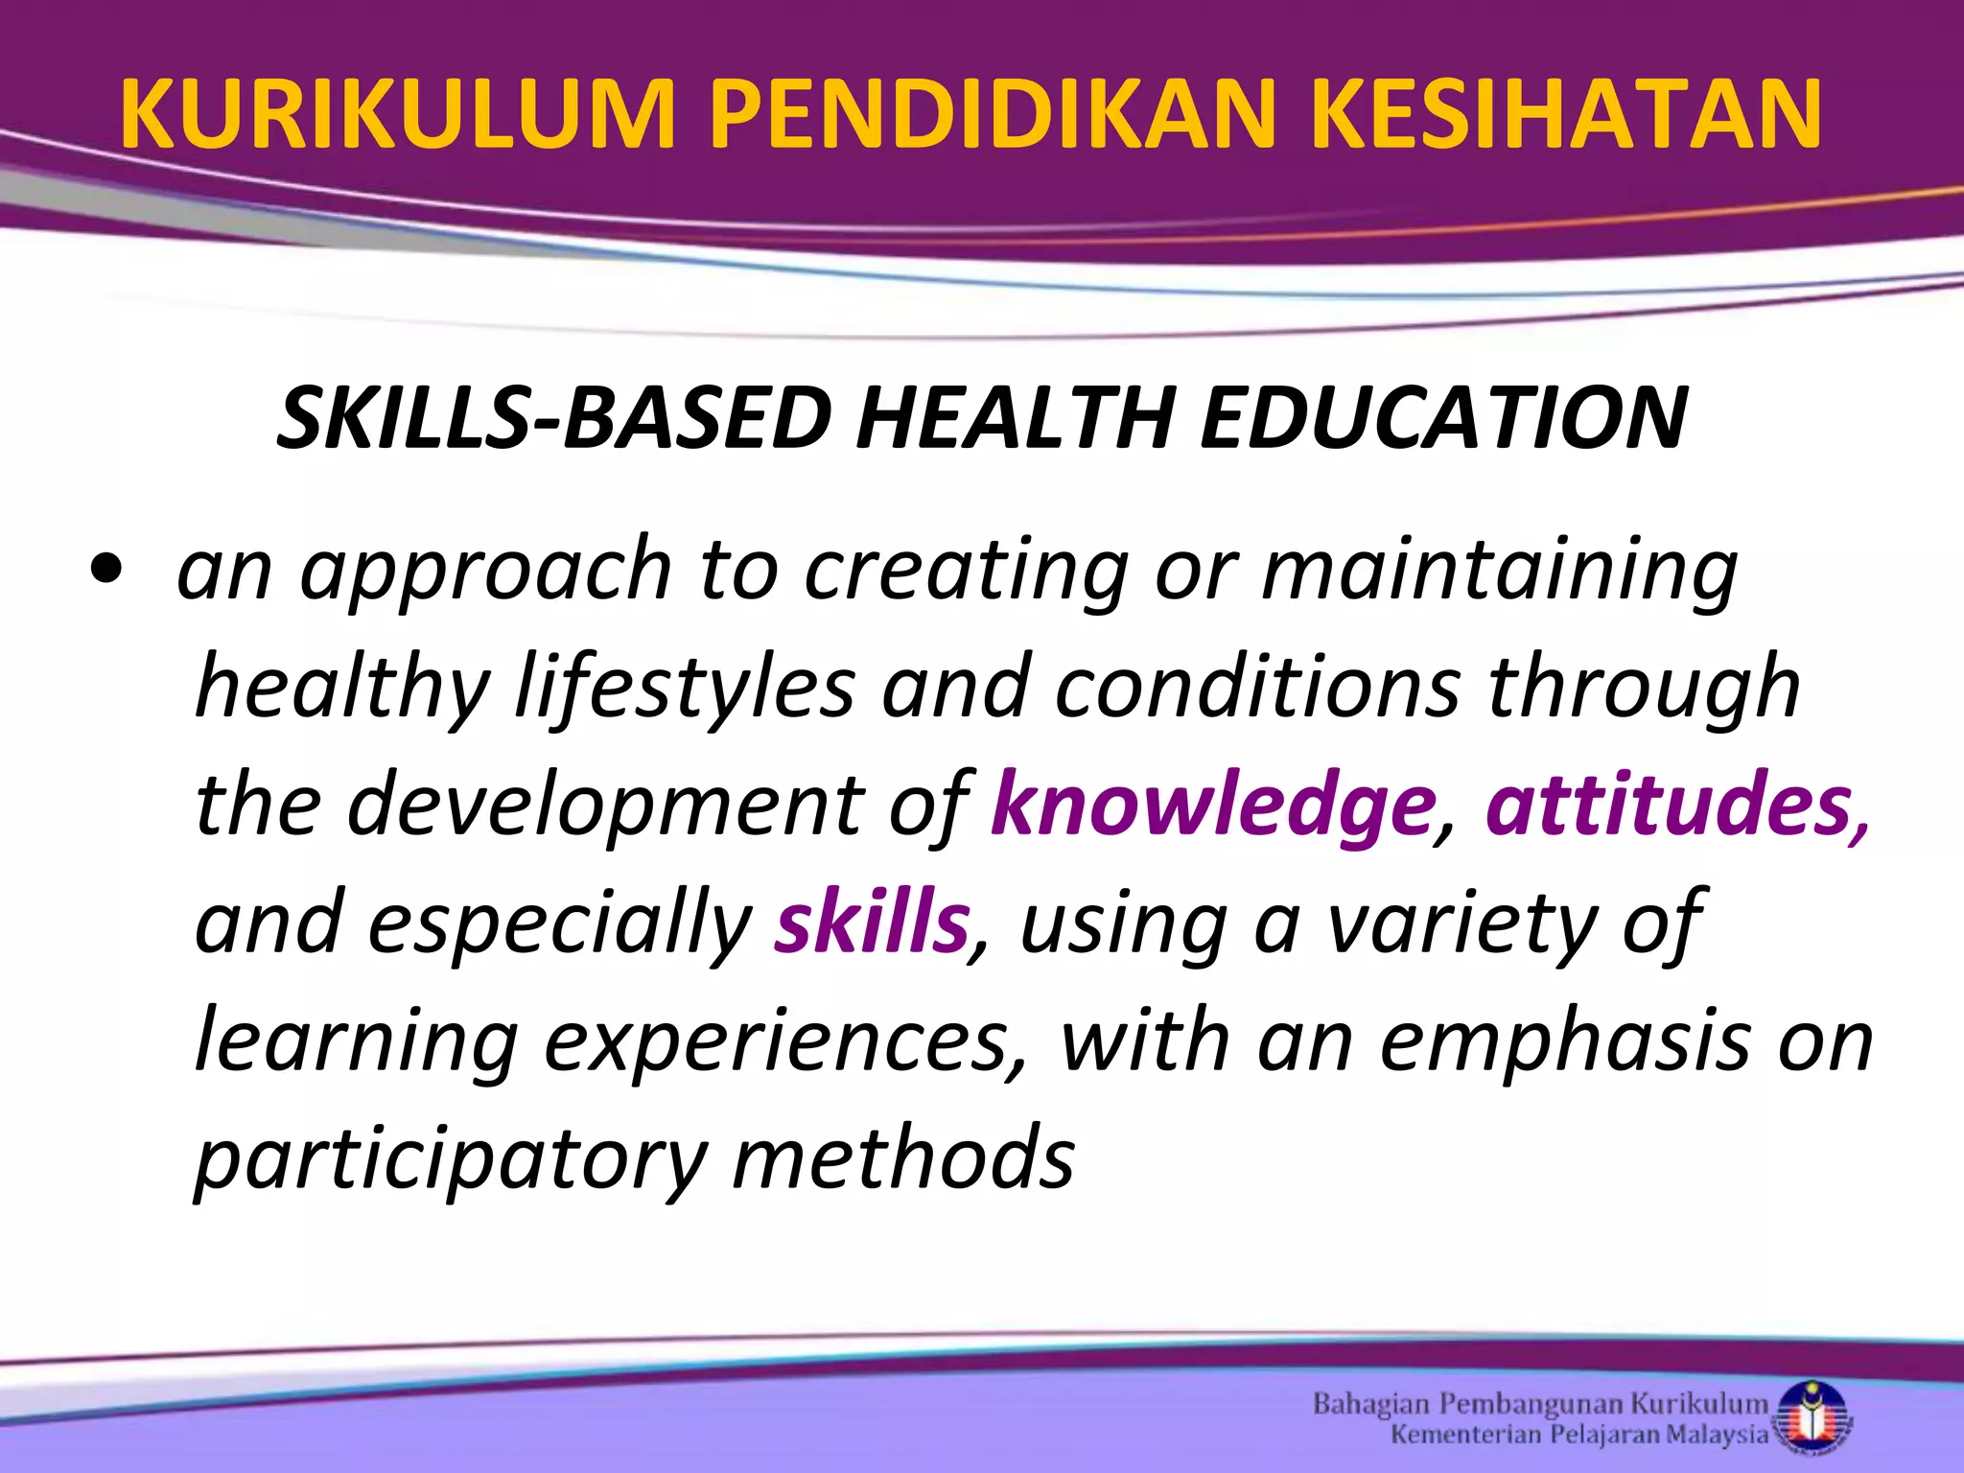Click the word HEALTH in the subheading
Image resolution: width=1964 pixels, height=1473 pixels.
(x=1015, y=419)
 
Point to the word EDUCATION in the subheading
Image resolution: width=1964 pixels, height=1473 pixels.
(x=1443, y=419)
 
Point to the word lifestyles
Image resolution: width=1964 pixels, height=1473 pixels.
(x=684, y=688)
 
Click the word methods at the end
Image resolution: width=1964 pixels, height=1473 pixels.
(x=903, y=1157)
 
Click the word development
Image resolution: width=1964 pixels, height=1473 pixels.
(x=606, y=807)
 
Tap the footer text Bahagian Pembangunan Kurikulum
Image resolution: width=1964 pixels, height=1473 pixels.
(x=1540, y=1405)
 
